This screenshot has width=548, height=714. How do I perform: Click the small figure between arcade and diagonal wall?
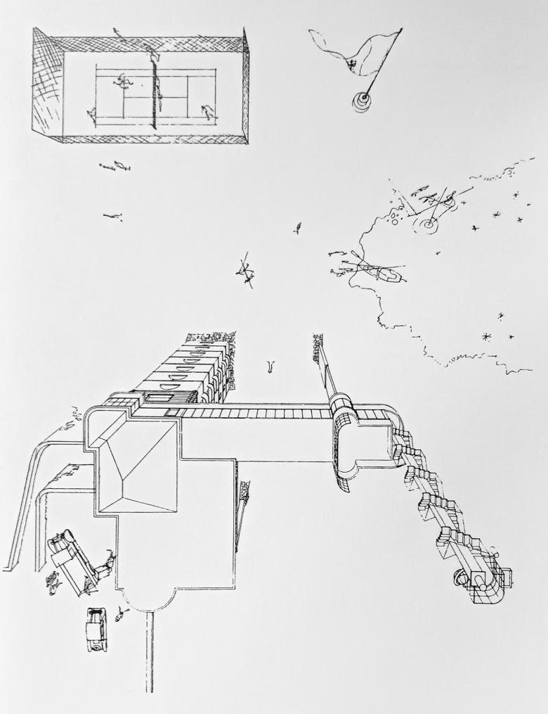tap(270, 365)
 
